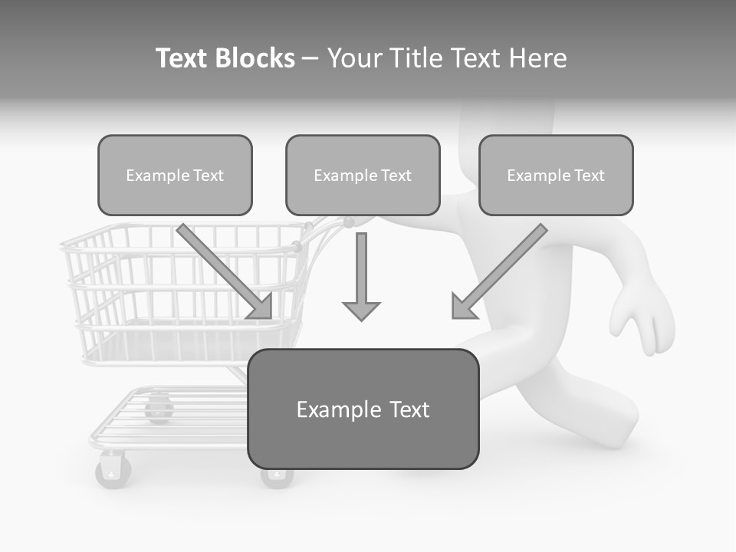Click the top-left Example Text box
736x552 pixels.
[x=175, y=175]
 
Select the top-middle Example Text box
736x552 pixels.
[x=363, y=175]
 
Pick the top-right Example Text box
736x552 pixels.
[x=556, y=175]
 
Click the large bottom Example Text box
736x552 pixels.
[x=363, y=409]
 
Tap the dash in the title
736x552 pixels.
[x=310, y=58]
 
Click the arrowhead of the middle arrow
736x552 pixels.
[x=361, y=310]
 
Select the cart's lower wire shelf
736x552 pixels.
[x=169, y=418]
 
